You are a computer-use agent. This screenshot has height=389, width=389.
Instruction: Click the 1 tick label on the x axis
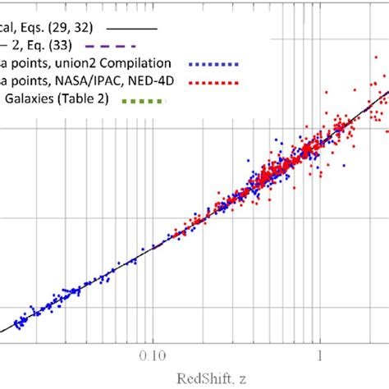pos(318,357)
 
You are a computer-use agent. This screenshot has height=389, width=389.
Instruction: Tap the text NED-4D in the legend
pos(155,82)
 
